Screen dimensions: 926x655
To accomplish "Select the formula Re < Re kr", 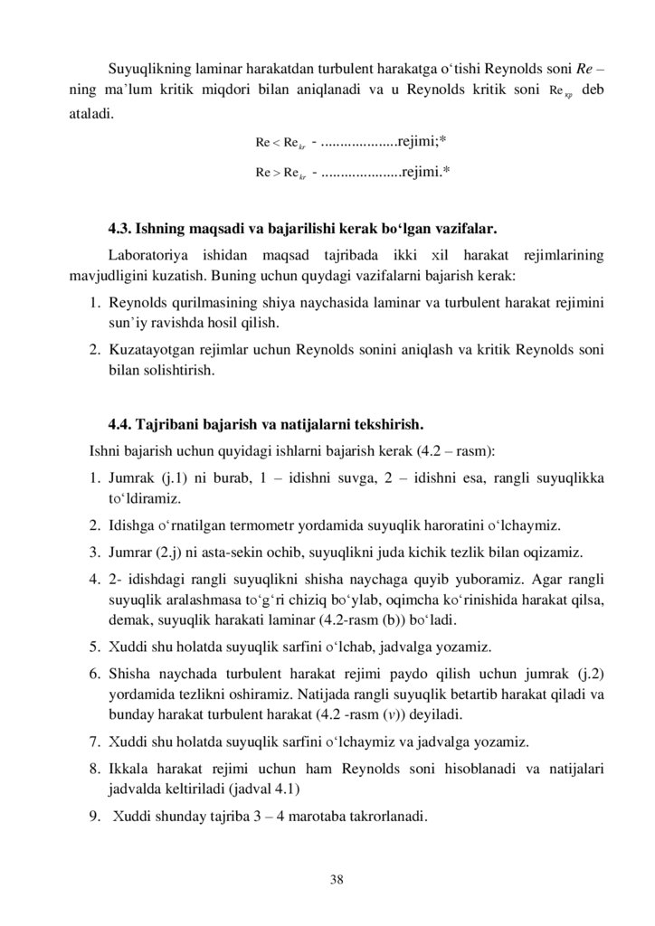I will click(280, 143).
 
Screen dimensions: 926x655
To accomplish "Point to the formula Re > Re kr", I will click(280, 170).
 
